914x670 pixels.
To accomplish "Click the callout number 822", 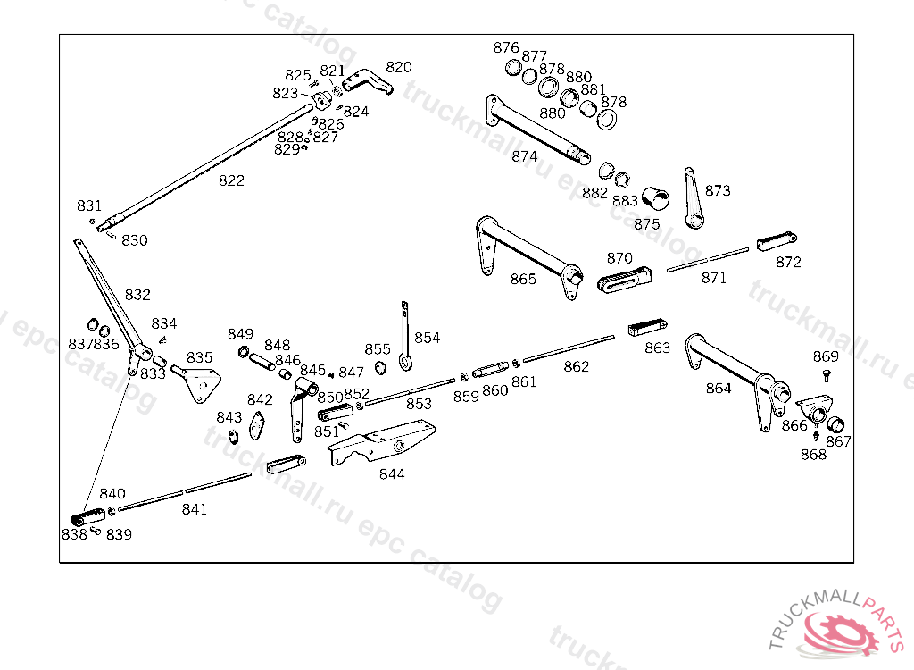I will pyautogui.click(x=231, y=180).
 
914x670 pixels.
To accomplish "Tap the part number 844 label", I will pyautogui.click(x=392, y=473).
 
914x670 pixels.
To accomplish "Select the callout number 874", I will pyautogui.click(x=525, y=156).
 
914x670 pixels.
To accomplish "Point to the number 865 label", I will pyautogui.click(x=523, y=279).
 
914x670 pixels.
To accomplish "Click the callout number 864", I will pyautogui.click(x=719, y=389).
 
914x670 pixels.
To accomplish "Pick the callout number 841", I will pyautogui.click(x=195, y=509).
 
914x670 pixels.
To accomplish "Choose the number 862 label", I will pyautogui.click(x=577, y=366).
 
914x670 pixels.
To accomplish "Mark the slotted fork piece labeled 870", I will pyautogui.click(x=625, y=280).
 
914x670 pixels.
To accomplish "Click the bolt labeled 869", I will pyautogui.click(x=827, y=375).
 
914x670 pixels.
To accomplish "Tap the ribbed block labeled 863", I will pyautogui.click(x=648, y=326).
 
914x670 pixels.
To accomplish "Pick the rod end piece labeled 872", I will pyautogui.click(x=776, y=242).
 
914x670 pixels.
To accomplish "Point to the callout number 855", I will pyautogui.click(x=378, y=349).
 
